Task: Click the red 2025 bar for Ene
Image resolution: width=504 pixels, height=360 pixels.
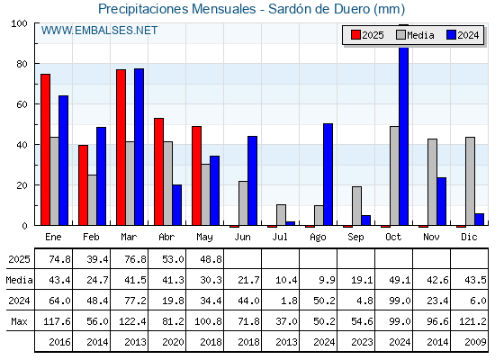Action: pyautogui.click(x=45, y=149)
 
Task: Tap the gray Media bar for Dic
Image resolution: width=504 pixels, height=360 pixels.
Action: pyautogui.click(x=470, y=181)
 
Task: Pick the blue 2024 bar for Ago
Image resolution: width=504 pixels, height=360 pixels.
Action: pyautogui.click(x=328, y=175)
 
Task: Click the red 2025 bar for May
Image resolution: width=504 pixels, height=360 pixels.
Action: pyautogui.click(x=197, y=175)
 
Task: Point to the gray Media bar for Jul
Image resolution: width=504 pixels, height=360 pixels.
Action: pyautogui.click(x=281, y=215)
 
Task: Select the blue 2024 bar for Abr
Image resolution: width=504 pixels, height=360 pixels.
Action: pyautogui.click(x=176, y=205)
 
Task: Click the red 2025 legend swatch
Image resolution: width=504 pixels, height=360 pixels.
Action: pyautogui.click(x=355, y=35)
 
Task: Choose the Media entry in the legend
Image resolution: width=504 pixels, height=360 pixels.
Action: pyautogui.click(x=415, y=35)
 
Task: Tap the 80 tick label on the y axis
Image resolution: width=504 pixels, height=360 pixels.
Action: pyautogui.click(x=22, y=64)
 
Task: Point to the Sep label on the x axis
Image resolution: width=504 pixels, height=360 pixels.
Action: pyautogui.click(x=355, y=238)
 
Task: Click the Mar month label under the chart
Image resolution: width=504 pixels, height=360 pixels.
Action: pyautogui.click(x=129, y=238)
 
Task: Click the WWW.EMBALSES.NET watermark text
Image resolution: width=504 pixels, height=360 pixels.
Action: pyautogui.click(x=99, y=31)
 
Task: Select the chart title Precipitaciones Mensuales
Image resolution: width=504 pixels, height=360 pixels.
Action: pyautogui.click(x=176, y=9)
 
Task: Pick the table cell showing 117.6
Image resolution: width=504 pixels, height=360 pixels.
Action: pyautogui.click(x=57, y=321)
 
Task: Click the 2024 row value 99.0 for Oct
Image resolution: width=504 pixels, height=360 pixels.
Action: pyautogui.click(x=400, y=301)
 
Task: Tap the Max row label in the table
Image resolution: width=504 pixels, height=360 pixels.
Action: pyautogui.click(x=19, y=321)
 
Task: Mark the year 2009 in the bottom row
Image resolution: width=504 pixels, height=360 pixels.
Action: pyautogui.click(x=475, y=342)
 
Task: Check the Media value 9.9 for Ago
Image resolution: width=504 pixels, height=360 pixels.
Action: pyautogui.click(x=327, y=280)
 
